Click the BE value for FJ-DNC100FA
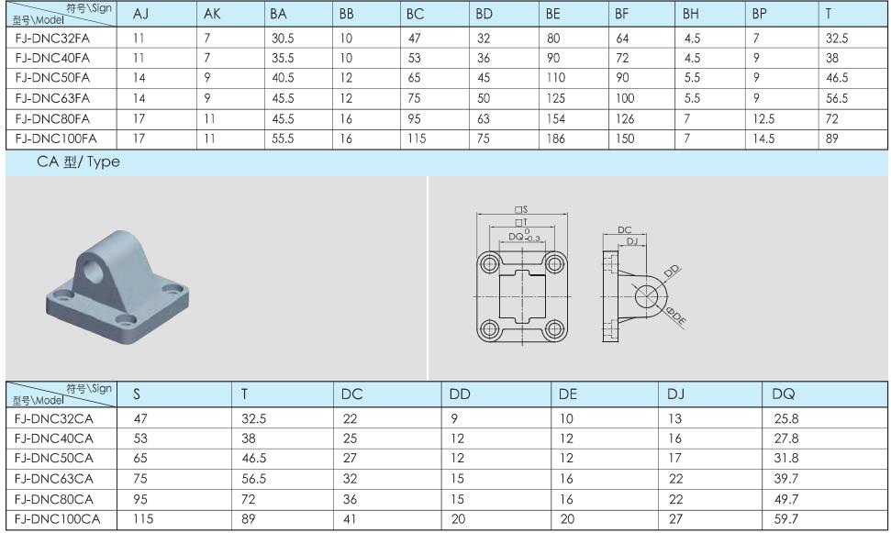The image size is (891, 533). [x=556, y=139]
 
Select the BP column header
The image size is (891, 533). [x=759, y=14]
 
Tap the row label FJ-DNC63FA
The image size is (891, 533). [x=52, y=98]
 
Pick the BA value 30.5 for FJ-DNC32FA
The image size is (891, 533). [x=283, y=39]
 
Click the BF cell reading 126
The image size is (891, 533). [x=625, y=118]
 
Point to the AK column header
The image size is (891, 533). [x=212, y=14]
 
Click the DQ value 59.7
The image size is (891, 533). [x=785, y=519]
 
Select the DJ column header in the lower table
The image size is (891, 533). [x=675, y=394]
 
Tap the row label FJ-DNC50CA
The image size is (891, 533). [x=54, y=458]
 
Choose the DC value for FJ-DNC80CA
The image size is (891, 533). [x=350, y=499]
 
